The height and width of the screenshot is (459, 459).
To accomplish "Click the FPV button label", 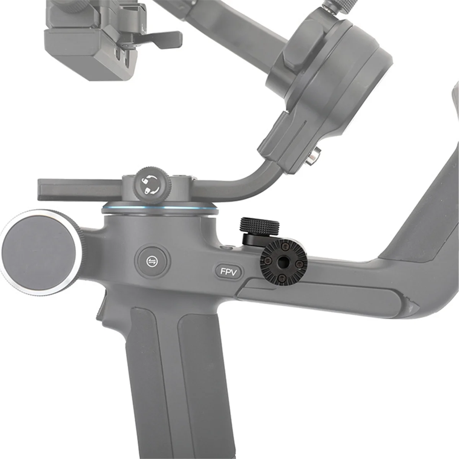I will (x=229, y=272).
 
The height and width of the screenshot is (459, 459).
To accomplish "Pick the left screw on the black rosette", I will (x=269, y=262).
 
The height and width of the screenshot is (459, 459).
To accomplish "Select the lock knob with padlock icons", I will (x=150, y=183).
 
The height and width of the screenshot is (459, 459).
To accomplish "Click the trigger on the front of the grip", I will (x=100, y=306).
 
